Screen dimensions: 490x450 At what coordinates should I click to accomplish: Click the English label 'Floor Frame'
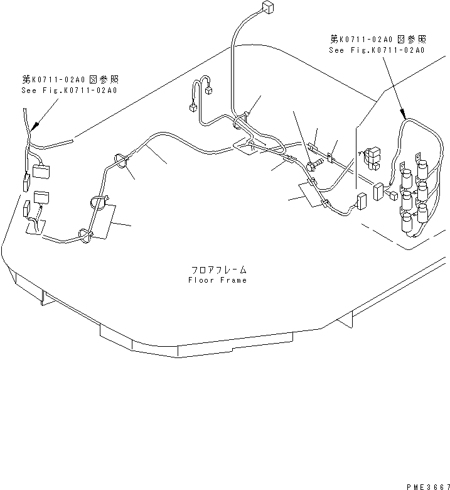tap(217, 280)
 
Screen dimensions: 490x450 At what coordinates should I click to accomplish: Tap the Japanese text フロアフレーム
tap(217, 269)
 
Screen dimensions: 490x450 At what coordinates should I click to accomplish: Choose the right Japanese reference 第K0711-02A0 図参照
tap(377, 39)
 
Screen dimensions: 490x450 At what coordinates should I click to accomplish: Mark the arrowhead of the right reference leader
tap(404, 114)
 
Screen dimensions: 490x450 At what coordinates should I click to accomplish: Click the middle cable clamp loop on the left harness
tap(98, 202)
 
